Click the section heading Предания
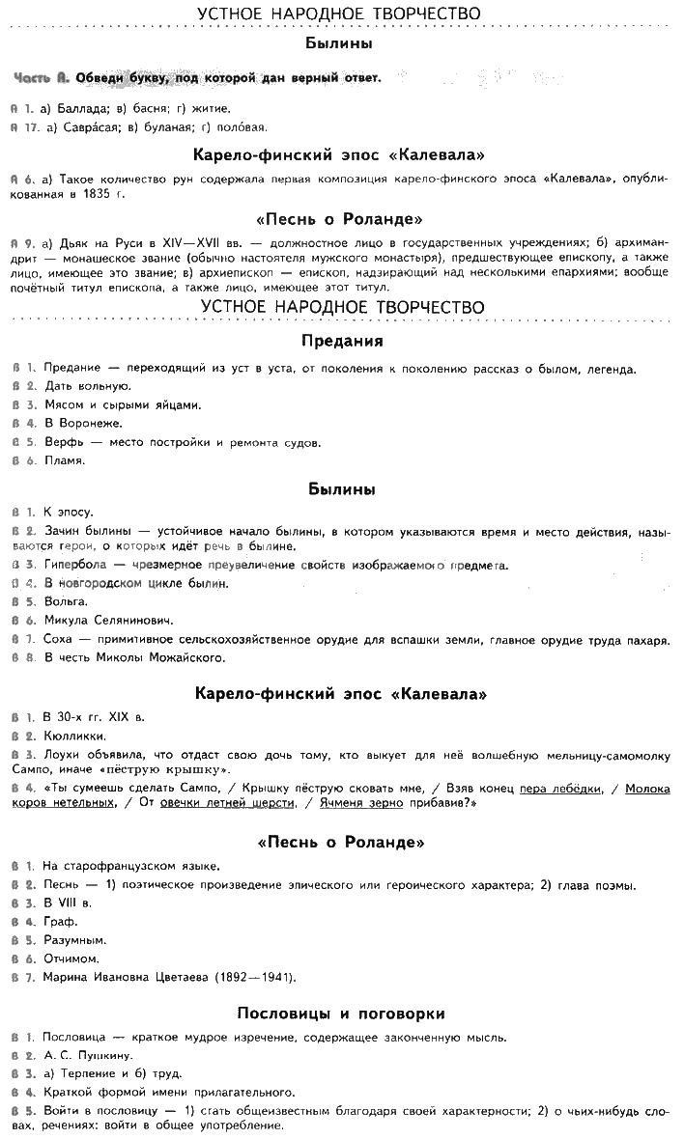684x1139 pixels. click(x=341, y=341)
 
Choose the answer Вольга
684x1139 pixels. click(x=63, y=602)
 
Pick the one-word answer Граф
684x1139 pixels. click(x=60, y=922)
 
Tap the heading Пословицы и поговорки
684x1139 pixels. click(x=341, y=1014)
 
